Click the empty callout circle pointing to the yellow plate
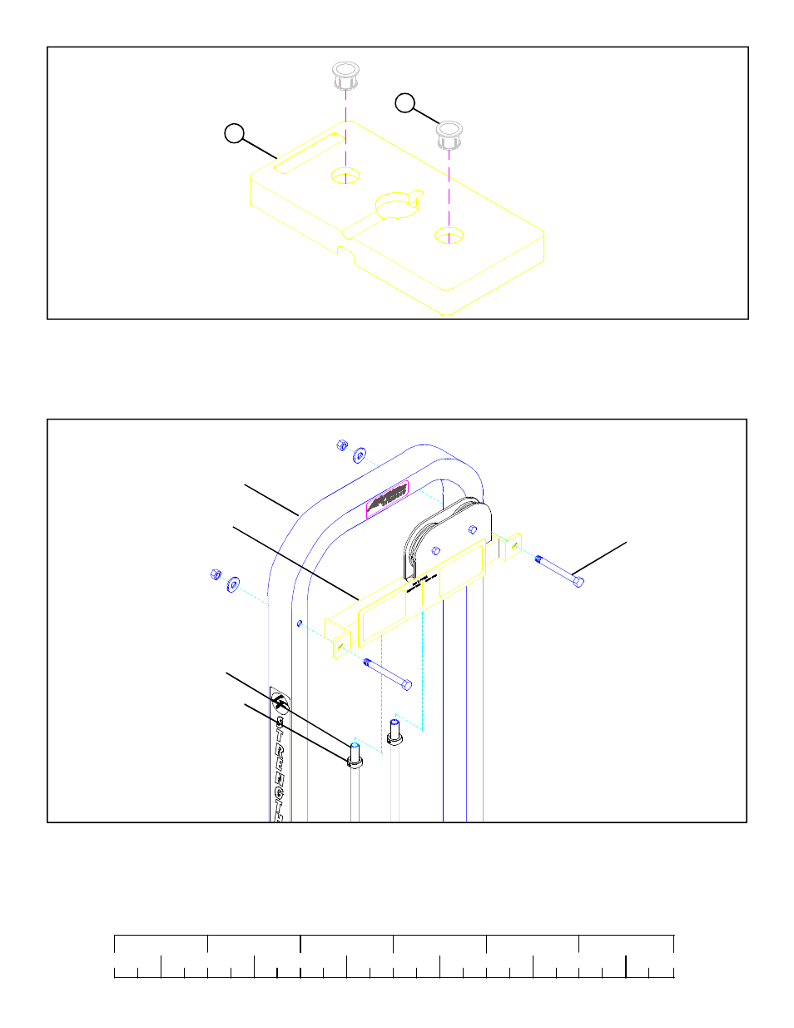[235, 133]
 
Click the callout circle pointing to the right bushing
[404, 103]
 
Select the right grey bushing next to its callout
[450, 134]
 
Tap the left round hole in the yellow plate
[345, 175]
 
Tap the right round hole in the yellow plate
[449, 236]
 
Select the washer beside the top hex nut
[360, 455]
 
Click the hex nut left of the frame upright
[215, 574]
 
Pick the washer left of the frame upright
[233, 583]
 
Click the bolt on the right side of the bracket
[559, 571]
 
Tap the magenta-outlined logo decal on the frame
[387, 500]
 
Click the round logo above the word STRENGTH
[280, 705]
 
